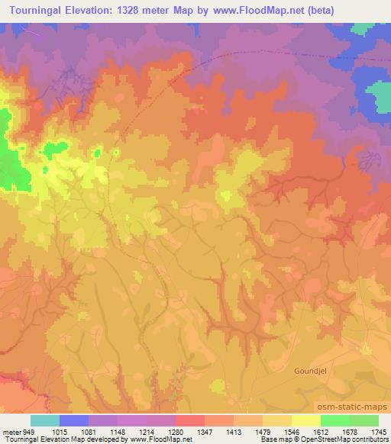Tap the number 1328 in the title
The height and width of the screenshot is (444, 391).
point(131,8)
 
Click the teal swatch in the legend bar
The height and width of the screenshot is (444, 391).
point(45,420)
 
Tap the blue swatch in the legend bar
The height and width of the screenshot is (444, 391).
point(74,420)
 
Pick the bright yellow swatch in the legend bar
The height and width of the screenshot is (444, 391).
point(306,420)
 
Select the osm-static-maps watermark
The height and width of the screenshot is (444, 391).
point(359,407)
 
